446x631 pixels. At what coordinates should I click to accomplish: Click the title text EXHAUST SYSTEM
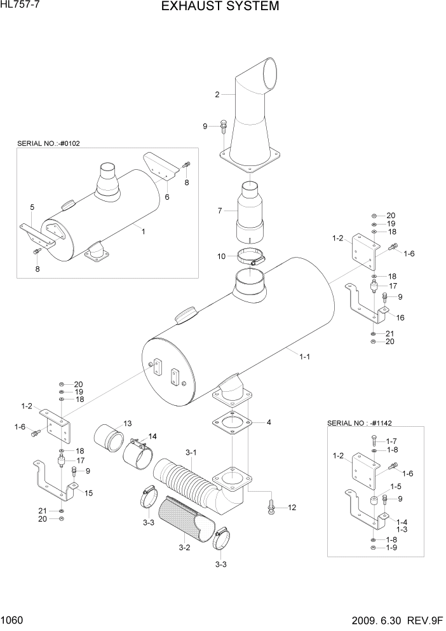coord(220,7)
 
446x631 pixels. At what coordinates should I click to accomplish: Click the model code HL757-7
coord(20,6)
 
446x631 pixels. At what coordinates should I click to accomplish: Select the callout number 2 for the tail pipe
coord(217,95)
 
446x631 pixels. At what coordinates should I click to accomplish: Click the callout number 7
coord(220,211)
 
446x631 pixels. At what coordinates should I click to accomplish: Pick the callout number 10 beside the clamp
coord(222,256)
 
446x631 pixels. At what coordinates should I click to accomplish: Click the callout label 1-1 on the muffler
coord(304,357)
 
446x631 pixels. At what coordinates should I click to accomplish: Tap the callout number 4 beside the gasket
coord(269,422)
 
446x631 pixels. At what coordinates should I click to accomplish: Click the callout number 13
coord(127,424)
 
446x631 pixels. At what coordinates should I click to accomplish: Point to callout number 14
coord(152,436)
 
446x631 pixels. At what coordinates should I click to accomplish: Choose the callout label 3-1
coord(191,452)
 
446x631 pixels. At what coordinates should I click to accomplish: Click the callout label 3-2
coord(185,547)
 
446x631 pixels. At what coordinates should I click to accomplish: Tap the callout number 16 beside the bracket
coord(400,317)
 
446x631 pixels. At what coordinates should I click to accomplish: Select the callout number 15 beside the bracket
coord(88,493)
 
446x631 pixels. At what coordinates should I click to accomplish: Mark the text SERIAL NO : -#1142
coord(358,423)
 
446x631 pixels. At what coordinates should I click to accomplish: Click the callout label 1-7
coord(391,441)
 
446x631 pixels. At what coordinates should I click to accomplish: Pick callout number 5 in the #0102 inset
coord(32,207)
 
